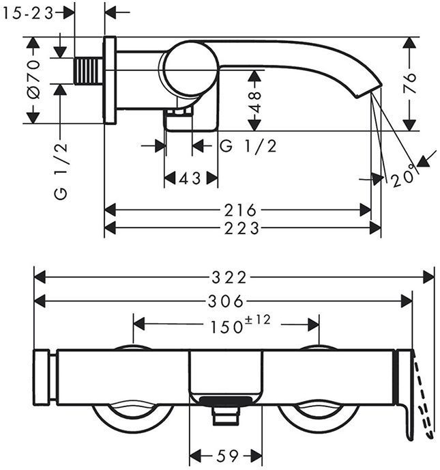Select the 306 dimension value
225,301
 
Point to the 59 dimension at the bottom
224,454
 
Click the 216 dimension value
240,210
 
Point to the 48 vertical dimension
254,100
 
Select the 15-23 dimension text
29,12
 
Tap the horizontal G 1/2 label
249,146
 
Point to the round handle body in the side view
189,69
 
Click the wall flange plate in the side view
109,80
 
